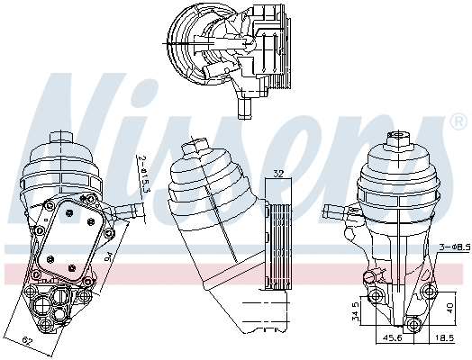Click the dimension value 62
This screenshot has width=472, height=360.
pos(28,341)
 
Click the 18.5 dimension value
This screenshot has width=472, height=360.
pos(444,337)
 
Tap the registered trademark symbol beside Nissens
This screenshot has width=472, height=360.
pos(459,121)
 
